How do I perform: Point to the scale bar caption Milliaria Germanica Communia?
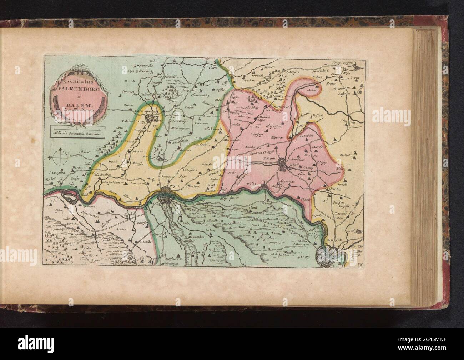click(x=76, y=133)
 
